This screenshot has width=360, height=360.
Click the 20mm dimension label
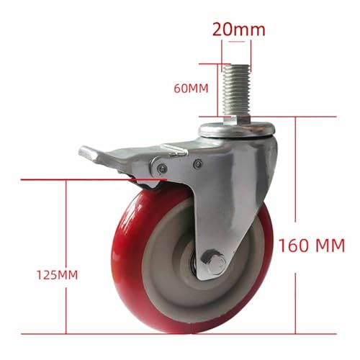(x=239, y=30)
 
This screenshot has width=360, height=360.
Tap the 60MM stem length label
(x=191, y=89)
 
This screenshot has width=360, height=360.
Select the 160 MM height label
(x=312, y=246)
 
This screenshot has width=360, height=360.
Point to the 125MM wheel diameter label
(x=57, y=275)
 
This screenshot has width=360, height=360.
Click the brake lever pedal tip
(x=88, y=153)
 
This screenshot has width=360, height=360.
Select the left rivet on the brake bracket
(x=163, y=168)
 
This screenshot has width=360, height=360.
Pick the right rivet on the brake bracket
(x=198, y=164)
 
